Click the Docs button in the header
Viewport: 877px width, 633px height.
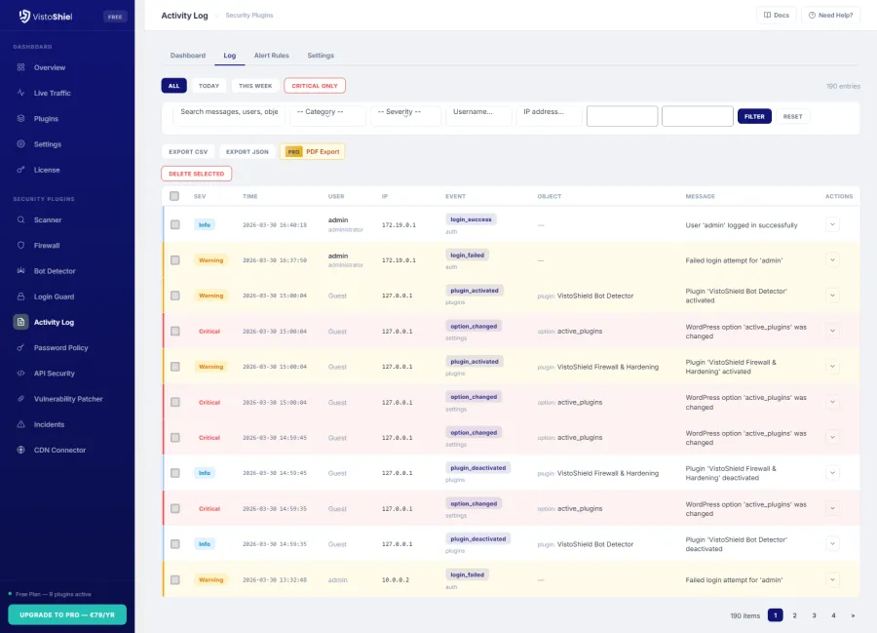click(776, 16)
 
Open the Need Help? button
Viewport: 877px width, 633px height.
click(830, 16)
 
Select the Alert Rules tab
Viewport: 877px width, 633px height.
click(271, 56)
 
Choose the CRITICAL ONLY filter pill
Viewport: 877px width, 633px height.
click(315, 86)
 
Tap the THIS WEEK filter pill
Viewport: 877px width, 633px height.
click(255, 86)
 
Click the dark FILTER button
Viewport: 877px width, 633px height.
click(754, 116)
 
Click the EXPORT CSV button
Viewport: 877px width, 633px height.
click(188, 152)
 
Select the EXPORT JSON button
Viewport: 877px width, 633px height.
click(247, 152)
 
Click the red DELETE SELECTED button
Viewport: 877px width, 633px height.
click(196, 174)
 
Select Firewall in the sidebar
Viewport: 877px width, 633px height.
click(47, 246)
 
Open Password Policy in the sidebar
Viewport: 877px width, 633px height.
click(61, 347)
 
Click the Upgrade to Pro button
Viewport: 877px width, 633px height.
click(67, 614)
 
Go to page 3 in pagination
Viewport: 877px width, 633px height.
click(814, 615)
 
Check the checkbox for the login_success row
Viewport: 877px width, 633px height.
click(175, 224)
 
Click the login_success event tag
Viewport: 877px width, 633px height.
click(471, 219)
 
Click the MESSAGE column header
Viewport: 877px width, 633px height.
click(700, 196)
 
